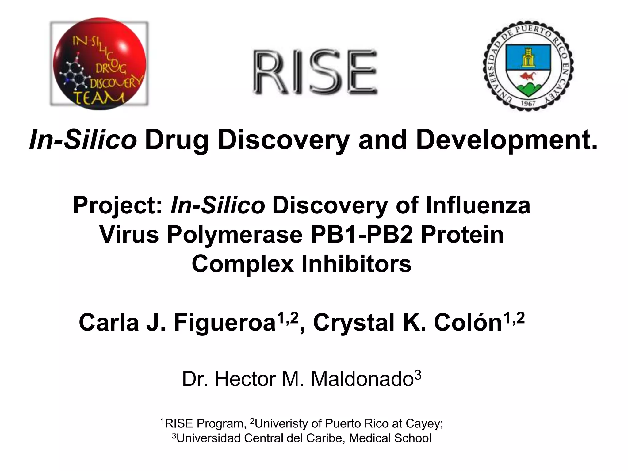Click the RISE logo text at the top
315,73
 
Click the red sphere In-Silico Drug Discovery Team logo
99,63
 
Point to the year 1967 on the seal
528,103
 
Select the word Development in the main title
506,140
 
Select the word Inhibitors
356,264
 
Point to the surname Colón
468,323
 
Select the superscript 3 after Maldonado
418,375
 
